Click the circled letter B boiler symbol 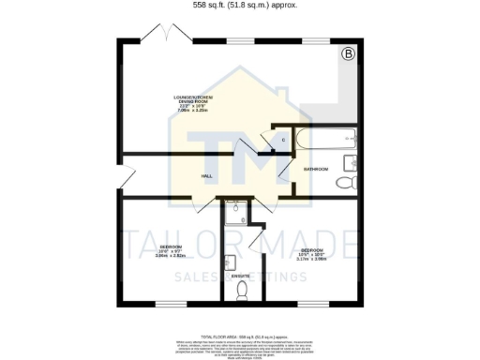pyautogui.click(x=348, y=55)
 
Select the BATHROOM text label pyautogui.click(x=315, y=169)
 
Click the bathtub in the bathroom pyautogui.click(x=323, y=142)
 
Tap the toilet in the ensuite pyautogui.click(x=242, y=292)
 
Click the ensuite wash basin pyautogui.click(x=231, y=262)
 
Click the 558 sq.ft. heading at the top pyautogui.click(x=239, y=5)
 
